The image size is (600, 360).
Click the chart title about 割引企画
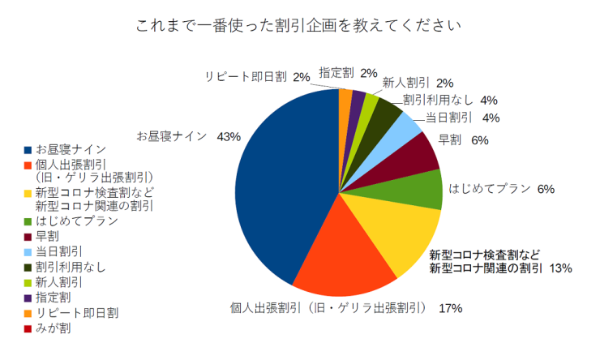point(299,25)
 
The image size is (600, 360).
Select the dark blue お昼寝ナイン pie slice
point(284,186)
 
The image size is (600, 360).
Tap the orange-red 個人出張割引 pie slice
point(341,259)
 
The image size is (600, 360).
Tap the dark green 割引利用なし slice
point(384,113)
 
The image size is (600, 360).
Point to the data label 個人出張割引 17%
point(346,307)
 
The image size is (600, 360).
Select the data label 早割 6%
point(463,140)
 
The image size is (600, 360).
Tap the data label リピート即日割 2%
point(257,77)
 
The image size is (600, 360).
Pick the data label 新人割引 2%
point(418,82)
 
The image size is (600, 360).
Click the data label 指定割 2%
point(348,72)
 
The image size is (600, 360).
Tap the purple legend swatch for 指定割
point(28,298)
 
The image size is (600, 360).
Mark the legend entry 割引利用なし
point(65,267)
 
